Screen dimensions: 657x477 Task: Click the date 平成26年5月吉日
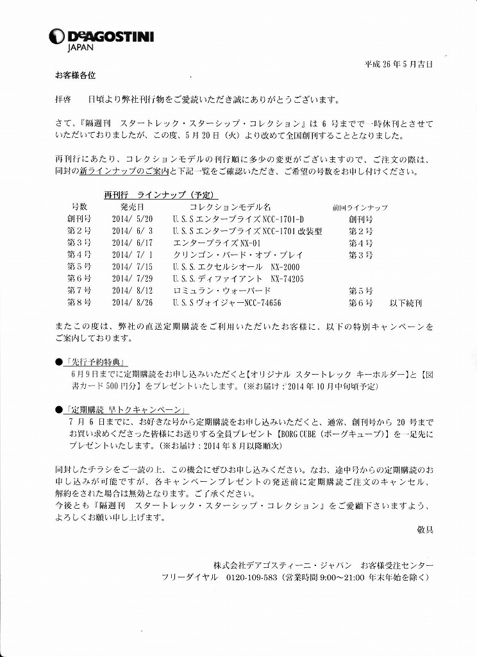(398, 64)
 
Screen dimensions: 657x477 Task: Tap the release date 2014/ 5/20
(132, 219)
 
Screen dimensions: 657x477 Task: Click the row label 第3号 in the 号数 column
(79, 243)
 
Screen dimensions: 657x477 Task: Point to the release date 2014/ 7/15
(132, 267)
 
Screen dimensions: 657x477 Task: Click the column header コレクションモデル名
(230, 207)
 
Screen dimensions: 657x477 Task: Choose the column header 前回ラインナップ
(359, 208)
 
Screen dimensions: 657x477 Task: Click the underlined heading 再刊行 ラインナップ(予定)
(160, 195)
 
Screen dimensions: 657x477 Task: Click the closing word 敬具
(424, 530)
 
